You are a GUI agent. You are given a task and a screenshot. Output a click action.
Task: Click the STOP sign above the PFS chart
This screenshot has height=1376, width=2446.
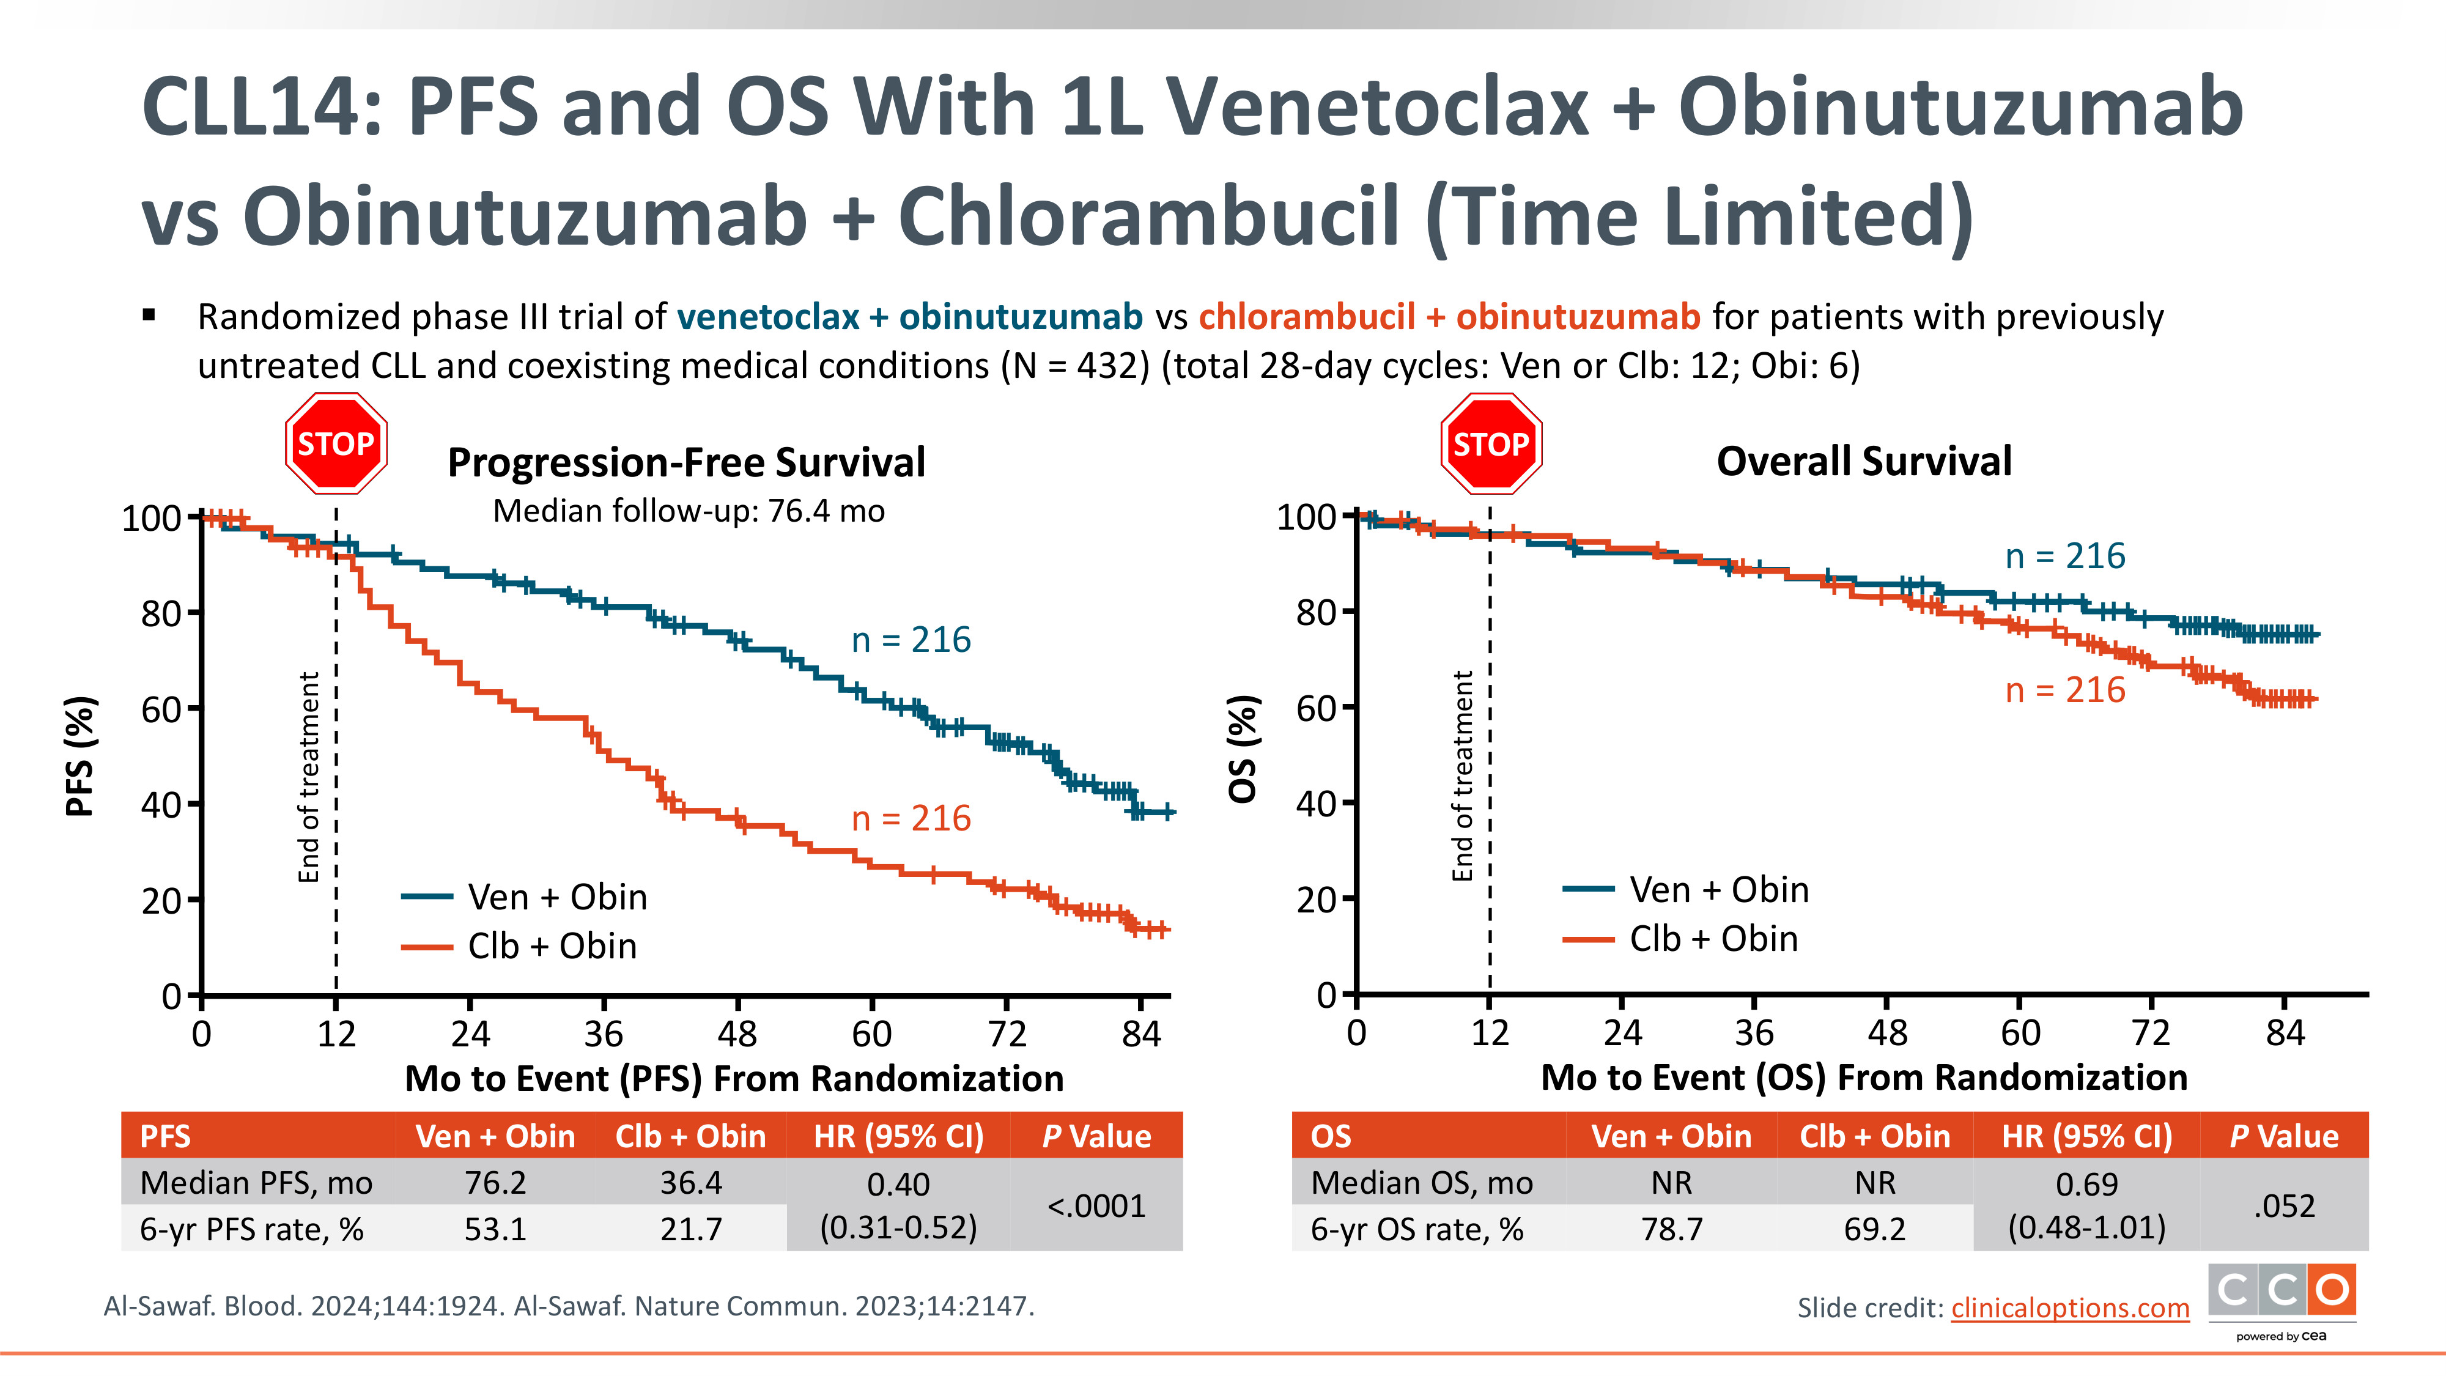(x=336, y=443)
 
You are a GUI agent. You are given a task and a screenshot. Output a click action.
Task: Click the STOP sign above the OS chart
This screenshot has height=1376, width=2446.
(x=1491, y=443)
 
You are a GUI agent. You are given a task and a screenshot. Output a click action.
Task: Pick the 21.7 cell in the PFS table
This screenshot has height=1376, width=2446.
(x=690, y=1229)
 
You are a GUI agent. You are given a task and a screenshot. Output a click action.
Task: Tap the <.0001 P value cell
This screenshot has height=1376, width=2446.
(x=1096, y=1206)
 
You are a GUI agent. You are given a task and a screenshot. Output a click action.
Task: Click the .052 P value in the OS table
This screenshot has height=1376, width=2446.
(x=2283, y=1206)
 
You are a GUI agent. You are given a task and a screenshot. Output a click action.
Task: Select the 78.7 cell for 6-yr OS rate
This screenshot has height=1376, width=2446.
(x=1671, y=1229)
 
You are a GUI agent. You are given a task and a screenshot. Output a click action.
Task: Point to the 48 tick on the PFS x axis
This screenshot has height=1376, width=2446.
(x=738, y=1033)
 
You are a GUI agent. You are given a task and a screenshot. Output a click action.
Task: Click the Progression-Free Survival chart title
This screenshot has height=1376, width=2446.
(x=685, y=462)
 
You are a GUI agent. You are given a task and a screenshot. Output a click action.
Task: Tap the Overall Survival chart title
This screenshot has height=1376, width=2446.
(x=1863, y=462)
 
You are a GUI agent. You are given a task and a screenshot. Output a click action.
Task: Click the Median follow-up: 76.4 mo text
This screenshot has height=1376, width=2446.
(x=689, y=511)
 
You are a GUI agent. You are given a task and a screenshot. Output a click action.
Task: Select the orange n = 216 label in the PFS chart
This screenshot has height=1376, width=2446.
(x=911, y=818)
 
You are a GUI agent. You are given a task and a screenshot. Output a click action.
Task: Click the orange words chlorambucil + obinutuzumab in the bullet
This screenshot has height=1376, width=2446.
(x=1449, y=316)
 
